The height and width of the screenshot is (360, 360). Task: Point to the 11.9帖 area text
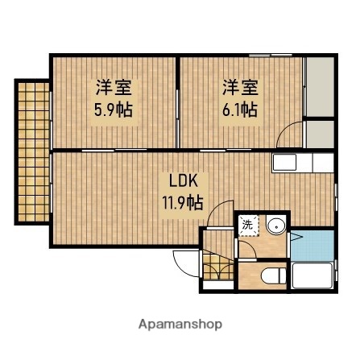(184, 203)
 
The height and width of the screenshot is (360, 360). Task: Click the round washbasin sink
(275, 226)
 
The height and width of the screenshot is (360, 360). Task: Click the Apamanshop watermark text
(179, 325)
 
